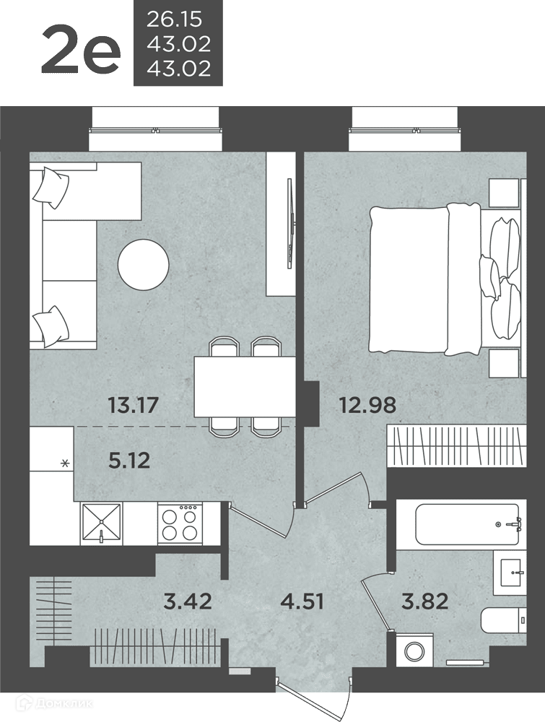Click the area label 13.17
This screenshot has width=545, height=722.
point(133,405)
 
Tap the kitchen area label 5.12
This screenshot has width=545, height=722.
point(129,460)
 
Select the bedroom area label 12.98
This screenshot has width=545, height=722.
point(367,405)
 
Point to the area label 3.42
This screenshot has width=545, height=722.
point(188,601)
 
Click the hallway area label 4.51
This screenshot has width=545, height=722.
point(302,601)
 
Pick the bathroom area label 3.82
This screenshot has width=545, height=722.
point(425,601)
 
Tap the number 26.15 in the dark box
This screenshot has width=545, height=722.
point(175,19)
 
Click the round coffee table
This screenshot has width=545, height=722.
point(143,265)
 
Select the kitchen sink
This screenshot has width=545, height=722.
point(101,523)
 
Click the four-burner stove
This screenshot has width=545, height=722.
point(180,523)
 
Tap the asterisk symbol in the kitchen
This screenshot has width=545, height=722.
point(66,464)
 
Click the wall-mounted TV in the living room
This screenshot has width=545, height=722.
point(289,223)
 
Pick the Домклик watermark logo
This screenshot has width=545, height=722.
point(54,703)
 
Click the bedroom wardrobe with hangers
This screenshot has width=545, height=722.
point(456,445)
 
